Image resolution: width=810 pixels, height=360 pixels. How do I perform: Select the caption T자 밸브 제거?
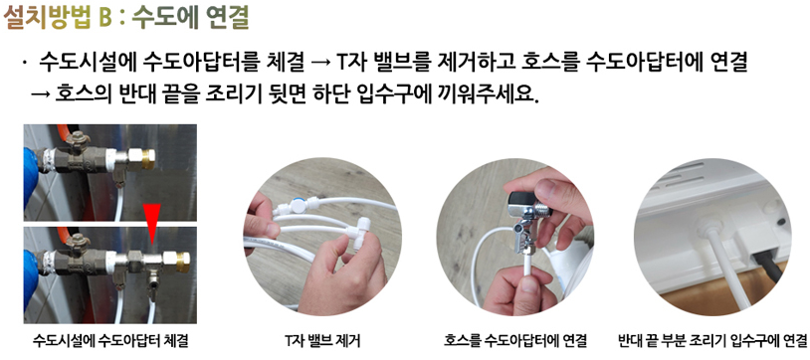click(322, 341)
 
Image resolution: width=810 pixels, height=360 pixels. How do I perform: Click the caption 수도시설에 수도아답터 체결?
click(110, 341)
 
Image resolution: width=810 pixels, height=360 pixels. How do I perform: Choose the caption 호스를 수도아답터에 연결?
click(515, 341)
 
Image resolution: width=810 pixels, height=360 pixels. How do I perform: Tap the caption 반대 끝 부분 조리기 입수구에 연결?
click(712, 341)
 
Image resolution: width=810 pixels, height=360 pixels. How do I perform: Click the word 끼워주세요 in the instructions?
click(485, 95)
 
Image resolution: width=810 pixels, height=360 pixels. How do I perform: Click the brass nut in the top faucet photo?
click(148, 159)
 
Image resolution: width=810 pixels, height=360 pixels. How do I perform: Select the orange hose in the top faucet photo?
click(63, 132)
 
